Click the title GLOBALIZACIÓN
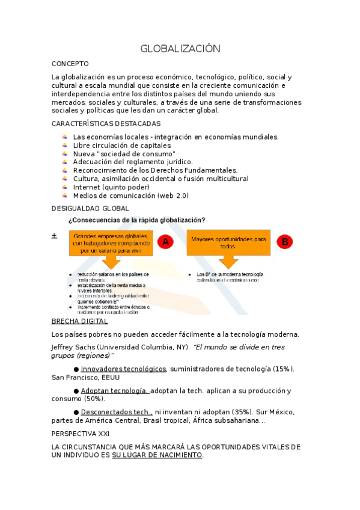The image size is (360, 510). [x=180, y=48]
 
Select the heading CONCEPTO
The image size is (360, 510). [x=70, y=63]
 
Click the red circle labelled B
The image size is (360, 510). [x=285, y=241]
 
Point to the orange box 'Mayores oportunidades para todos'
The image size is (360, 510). [x=228, y=242]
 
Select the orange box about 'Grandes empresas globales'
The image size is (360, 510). [x=110, y=242]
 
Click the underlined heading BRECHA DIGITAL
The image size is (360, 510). [x=79, y=321]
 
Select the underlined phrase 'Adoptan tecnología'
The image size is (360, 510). [x=115, y=390]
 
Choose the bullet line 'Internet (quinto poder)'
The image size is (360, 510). [x=111, y=187]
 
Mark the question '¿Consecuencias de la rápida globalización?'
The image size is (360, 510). [x=137, y=220]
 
